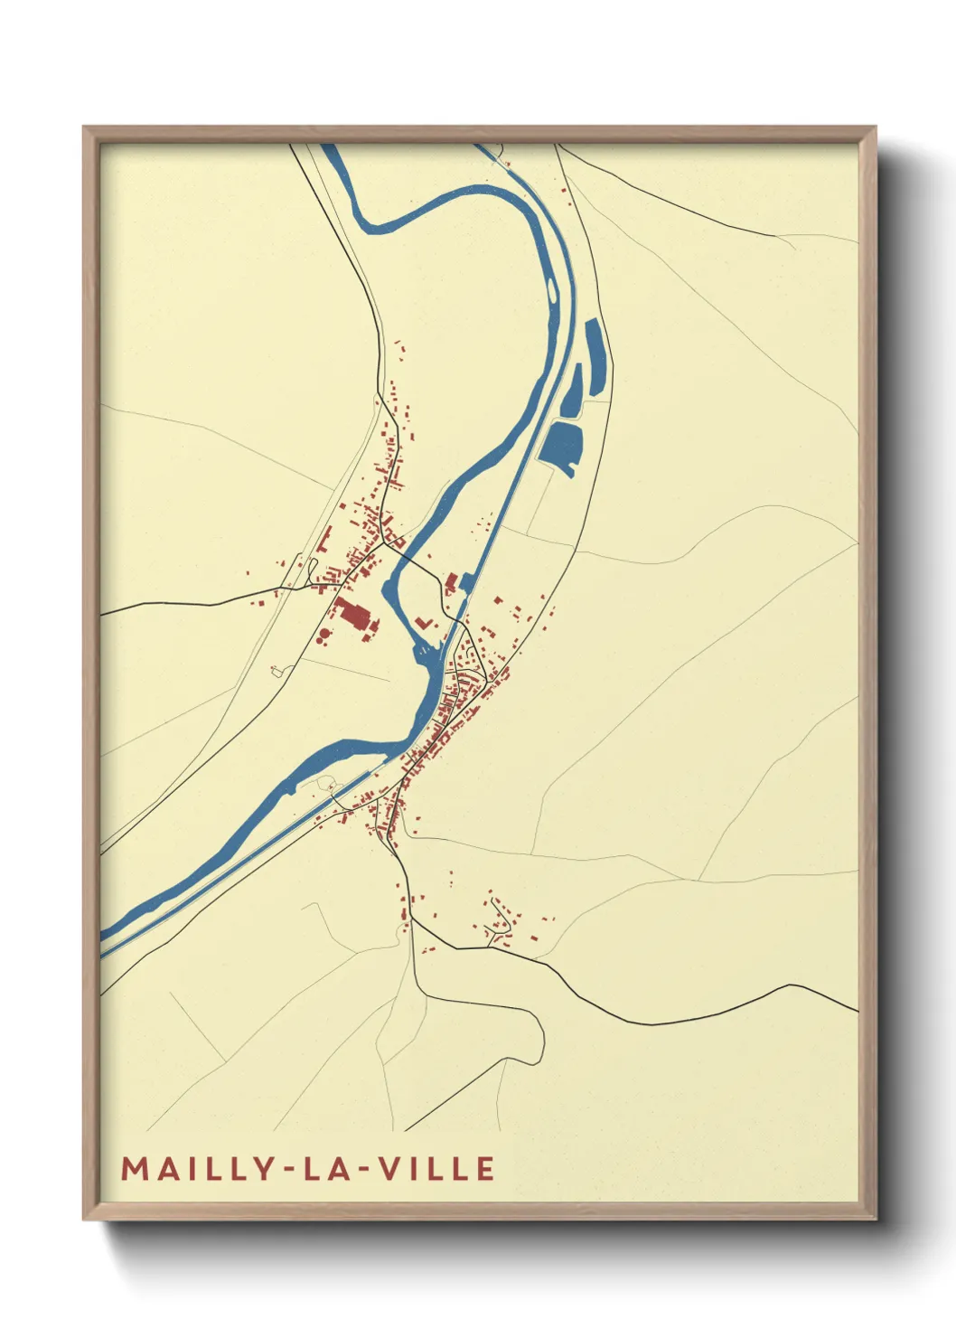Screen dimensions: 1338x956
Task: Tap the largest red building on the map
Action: [352, 615]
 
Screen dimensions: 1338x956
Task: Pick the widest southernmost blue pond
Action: [561, 444]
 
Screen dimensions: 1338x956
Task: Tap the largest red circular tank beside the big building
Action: [324, 636]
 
